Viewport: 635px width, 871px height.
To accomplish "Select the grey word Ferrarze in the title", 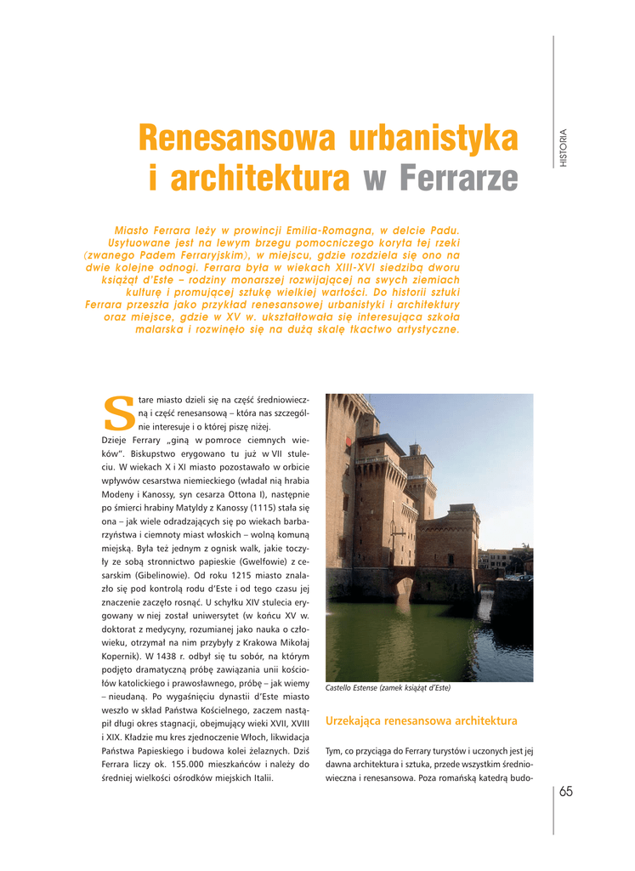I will (x=457, y=179).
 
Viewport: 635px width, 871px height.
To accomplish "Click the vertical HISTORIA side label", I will (x=563, y=147).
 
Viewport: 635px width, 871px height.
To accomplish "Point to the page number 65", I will (x=566, y=792).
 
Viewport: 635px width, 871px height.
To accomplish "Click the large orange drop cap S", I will (x=117, y=411).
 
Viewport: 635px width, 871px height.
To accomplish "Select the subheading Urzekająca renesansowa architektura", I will (x=421, y=720).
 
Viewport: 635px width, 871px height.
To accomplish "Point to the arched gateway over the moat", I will (x=404, y=587).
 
